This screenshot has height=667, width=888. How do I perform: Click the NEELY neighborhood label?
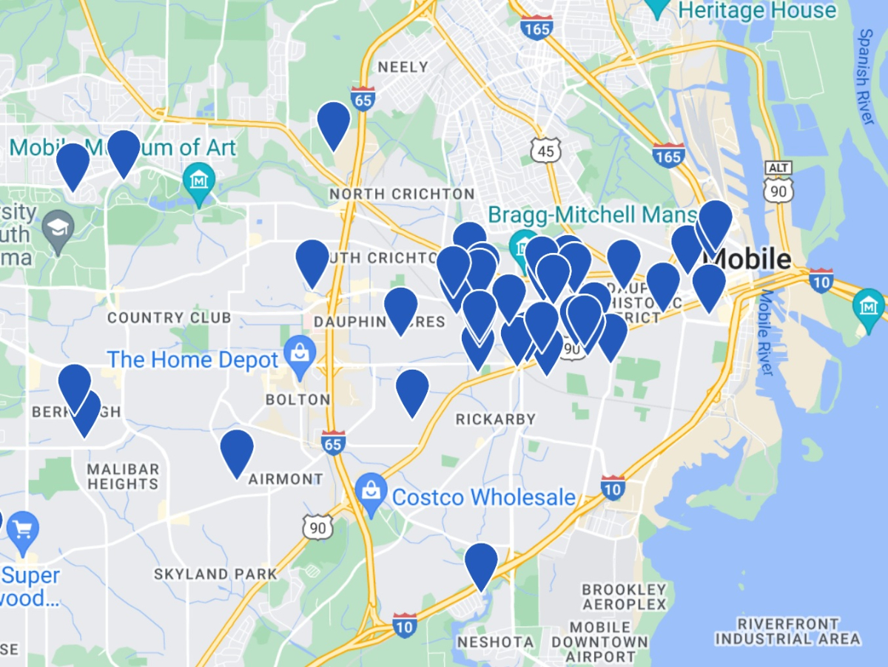click(403, 67)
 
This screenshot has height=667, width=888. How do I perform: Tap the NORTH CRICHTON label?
click(402, 194)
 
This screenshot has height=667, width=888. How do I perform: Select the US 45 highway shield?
click(546, 150)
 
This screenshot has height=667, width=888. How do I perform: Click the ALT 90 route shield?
click(778, 180)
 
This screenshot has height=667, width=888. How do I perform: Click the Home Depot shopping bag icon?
click(300, 351)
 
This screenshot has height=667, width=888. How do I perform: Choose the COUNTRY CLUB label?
click(169, 318)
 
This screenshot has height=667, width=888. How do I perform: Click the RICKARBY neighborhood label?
click(495, 419)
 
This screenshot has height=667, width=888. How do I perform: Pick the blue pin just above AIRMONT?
click(237, 450)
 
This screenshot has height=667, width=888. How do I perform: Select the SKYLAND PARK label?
click(215, 574)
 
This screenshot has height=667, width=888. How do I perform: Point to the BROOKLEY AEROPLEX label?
click(624, 597)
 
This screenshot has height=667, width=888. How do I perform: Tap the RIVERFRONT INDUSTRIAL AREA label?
click(788, 631)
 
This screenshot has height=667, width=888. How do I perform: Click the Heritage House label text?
click(757, 10)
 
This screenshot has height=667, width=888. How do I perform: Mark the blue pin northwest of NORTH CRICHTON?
click(333, 123)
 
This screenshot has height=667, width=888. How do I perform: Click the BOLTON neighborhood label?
click(298, 399)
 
